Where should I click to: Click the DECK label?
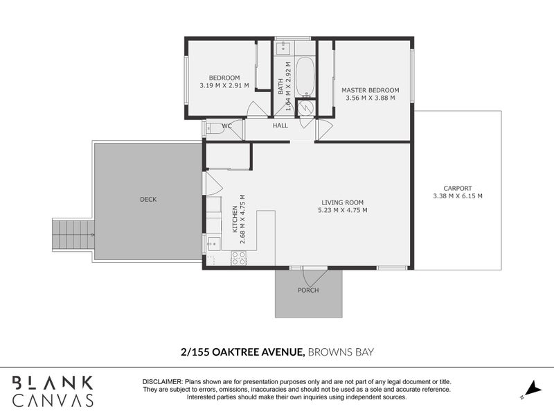point(148,200)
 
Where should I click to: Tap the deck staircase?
point(73,236)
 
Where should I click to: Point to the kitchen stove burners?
point(238,259)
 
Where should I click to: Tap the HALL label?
point(280,126)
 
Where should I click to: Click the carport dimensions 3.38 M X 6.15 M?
point(458,196)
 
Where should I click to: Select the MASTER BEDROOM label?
point(370,90)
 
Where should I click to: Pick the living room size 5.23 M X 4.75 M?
point(342,210)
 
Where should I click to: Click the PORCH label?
point(308,291)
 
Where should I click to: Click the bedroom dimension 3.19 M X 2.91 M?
point(224,85)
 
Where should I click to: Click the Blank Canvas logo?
point(53,391)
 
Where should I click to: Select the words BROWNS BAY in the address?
point(341,352)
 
